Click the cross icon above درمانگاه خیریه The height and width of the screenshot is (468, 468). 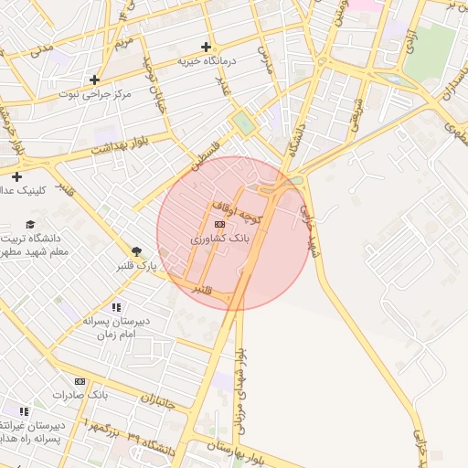pos(207,47)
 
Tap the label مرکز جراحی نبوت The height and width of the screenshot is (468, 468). pos(95,94)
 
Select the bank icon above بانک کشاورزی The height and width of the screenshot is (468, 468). pos(219,223)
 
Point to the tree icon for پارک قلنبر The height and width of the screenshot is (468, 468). pos(136,250)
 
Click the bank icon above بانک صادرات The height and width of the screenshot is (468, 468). pos(80,380)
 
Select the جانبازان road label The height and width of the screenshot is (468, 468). pos(161,400)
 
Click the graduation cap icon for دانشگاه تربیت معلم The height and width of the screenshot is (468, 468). pos(30,225)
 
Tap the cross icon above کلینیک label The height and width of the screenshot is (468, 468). pos(16,175)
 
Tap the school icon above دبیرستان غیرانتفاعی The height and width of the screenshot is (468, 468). pos(24,411)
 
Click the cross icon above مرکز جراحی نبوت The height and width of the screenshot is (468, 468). pos(94,80)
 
